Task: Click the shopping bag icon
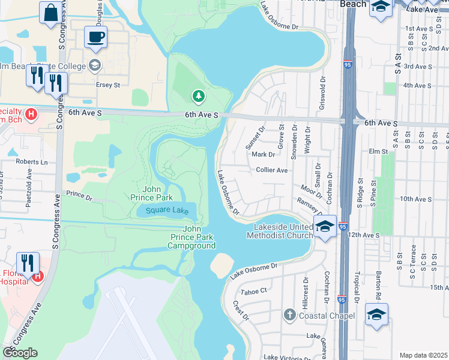click(x=50, y=13)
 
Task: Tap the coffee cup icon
click(x=95, y=37)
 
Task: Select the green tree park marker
click(x=197, y=95)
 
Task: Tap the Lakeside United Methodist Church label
click(x=279, y=231)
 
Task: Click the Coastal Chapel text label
click(x=328, y=316)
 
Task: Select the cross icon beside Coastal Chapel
click(x=289, y=315)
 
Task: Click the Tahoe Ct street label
click(x=253, y=291)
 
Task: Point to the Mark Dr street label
click(x=263, y=154)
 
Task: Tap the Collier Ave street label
click(x=272, y=170)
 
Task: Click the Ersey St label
click(x=108, y=85)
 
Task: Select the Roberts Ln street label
click(x=32, y=161)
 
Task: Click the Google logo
click(x=20, y=353)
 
